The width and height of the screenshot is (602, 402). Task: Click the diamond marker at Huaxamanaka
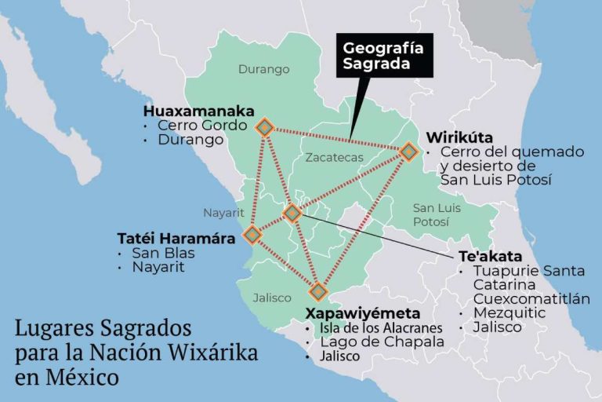[265, 127]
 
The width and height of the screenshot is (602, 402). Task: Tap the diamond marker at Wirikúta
[408, 151]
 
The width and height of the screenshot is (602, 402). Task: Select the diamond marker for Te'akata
[292, 212]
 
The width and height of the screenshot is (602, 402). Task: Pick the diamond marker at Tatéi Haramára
[252, 234]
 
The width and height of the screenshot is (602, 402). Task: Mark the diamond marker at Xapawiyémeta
[317, 292]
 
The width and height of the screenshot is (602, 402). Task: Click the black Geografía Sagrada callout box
[383, 57]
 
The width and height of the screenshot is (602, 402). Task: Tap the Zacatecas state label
[335, 157]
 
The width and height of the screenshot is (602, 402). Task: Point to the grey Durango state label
[263, 69]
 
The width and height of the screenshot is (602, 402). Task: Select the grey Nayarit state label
[224, 213]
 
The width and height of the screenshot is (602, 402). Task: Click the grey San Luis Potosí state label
[437, 214]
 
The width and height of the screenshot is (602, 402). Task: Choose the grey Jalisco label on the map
[272, 298]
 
